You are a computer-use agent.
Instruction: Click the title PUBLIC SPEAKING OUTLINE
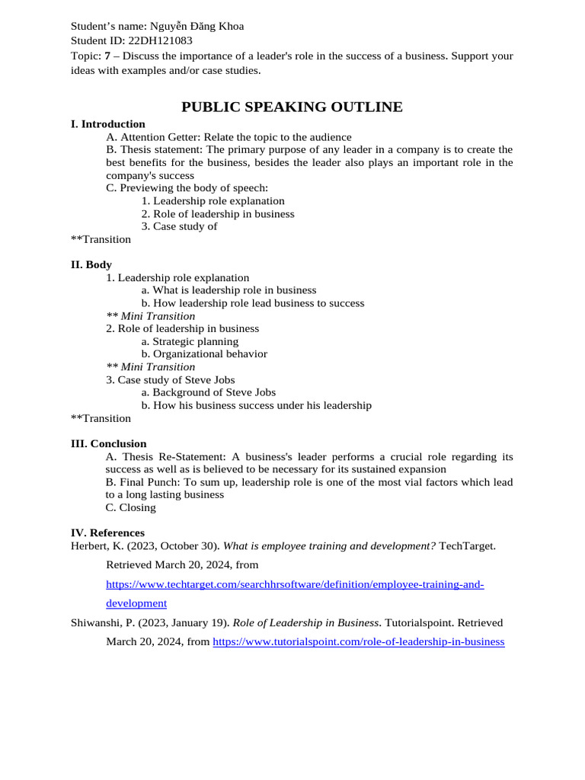(x=292, y=107)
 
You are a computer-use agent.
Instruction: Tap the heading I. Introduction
(x=107, y=124)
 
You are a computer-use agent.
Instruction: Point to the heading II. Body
(x=91, y=265)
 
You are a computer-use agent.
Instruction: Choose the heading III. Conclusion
(x=108, y=444)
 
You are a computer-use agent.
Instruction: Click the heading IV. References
(x=107, y=533)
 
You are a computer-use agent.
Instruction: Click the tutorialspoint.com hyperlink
(x=358, y=642)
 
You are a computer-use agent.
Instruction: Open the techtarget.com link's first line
(x=295, y=584)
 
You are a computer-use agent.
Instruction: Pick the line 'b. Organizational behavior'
(x=204, y=354)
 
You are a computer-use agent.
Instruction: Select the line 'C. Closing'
(x=131, y=507)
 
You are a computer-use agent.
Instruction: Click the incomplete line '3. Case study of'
(x=179, y=226)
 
